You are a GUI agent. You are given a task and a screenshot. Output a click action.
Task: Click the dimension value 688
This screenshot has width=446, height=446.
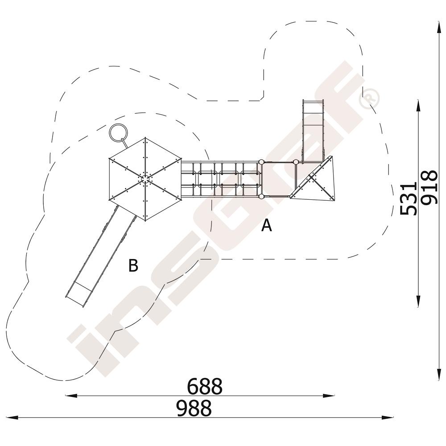coord(205,386)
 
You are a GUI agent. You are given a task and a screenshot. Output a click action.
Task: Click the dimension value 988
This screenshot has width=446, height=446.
coord(194,408)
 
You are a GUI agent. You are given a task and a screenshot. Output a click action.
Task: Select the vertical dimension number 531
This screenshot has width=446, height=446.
coord(408,198)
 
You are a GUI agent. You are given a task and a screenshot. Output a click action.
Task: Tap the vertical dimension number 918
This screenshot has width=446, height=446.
coord(429,187)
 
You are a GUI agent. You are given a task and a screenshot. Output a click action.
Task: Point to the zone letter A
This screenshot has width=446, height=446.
coord(267,226)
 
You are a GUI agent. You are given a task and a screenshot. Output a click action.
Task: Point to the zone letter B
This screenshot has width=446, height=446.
coord(133,265)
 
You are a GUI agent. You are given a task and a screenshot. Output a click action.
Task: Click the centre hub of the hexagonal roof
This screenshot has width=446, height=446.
coord(145,179)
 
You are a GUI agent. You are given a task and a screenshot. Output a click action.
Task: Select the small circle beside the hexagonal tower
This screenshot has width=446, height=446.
coord(118,132)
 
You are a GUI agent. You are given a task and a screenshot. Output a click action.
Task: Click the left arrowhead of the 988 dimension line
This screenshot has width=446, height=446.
coord(12,417)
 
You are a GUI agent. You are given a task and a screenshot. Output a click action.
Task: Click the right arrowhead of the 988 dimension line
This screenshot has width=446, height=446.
coord(388,417)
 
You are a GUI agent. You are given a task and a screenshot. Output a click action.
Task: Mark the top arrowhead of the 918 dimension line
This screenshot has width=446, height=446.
coord(438,27)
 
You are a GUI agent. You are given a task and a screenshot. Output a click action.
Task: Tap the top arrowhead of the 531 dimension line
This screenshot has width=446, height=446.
coord(418,106)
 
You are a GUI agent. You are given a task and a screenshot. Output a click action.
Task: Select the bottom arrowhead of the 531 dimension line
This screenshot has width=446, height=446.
coord(418,301)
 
